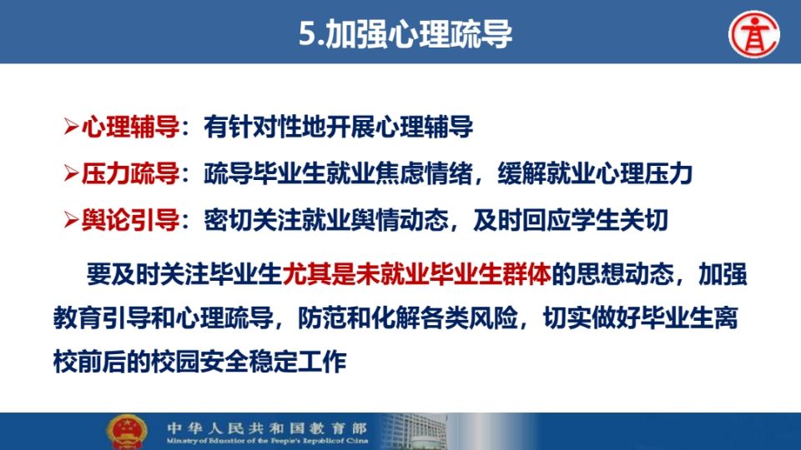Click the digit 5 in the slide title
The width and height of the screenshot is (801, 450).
click(x=308, y=34)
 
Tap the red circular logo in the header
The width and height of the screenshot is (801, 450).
click(x=754, y=34)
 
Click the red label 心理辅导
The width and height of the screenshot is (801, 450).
click(x=130, y=127)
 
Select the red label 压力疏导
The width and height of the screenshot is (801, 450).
click(x=130, y=173)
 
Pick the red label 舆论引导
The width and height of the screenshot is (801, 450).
click(x=130, y=220)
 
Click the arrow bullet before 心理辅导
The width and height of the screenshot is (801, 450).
click(x=71, y=127)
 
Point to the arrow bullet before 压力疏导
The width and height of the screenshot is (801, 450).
click(x=71, y=174)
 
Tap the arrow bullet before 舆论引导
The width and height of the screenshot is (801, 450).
click(x=71, y=221)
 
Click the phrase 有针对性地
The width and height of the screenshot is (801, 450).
click(x=265, y=127)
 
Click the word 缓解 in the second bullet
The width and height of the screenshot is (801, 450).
click(x=522, y=173)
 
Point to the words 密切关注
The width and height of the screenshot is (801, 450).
click(x=253, y=220)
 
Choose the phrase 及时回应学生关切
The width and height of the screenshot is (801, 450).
click(x=571, y=220)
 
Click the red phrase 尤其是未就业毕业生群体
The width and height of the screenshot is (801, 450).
click(x=417, y=274)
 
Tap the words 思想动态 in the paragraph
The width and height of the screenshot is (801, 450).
click(x=625, y=274)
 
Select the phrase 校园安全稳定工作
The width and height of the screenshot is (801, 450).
click(x=249, y=362)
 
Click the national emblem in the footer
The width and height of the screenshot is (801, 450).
click(x=127, y=432)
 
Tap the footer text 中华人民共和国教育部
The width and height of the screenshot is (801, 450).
click(x=267, y=427)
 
